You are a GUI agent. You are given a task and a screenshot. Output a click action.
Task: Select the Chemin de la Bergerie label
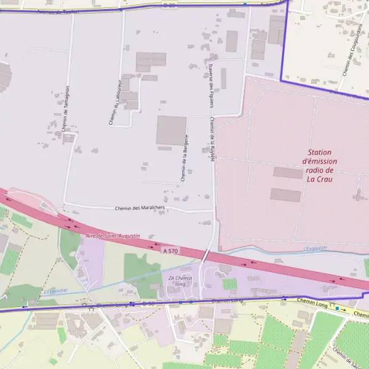pos(184,158)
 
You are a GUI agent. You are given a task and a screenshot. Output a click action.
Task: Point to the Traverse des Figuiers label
pos(210,85)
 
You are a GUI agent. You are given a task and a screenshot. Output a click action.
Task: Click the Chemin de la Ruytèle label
pos(212,139)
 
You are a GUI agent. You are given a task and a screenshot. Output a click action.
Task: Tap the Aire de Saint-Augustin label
pos(113,236)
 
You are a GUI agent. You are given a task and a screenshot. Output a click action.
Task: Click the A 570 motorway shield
pos(172,251)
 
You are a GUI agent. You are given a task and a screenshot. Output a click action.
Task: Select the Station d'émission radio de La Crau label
pos(320,165)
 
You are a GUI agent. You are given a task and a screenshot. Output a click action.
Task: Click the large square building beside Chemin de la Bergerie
pos(171,130)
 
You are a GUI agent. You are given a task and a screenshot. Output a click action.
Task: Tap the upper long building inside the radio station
pos(287,173)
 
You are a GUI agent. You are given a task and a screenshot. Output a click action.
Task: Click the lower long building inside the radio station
pos(285,195)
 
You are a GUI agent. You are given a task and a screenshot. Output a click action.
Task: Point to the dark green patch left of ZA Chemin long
pos(142,268)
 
